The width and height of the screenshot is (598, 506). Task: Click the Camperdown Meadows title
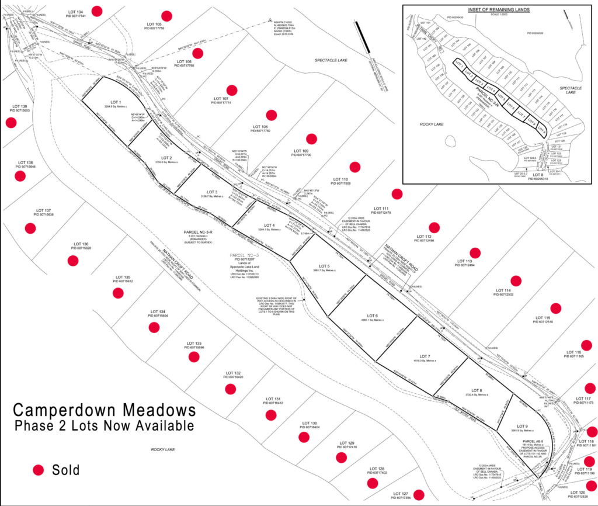104,408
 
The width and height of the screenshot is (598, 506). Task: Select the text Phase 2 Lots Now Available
104,426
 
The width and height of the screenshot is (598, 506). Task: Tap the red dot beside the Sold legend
39,470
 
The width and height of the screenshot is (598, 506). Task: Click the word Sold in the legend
65,470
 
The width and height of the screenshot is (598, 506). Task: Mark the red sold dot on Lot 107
232,90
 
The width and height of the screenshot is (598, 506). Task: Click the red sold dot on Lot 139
11,122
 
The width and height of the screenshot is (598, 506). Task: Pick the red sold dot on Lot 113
475,253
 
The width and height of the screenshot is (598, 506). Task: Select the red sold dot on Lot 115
557,308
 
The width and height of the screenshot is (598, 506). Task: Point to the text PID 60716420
233,377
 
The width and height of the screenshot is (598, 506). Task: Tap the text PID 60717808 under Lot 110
340,184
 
